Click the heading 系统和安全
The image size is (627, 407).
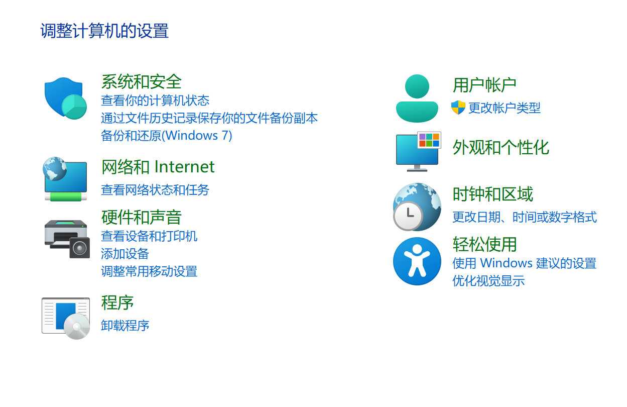(x=141, y=81)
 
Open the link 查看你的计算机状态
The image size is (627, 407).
(x=155, y=100)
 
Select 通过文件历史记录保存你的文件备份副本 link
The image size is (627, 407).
(x=209, y=118)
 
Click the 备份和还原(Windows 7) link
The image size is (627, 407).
(x=166, y=135)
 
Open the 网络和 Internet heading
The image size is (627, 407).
(x=158, y=167)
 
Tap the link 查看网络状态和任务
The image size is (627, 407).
(x=155, y=190)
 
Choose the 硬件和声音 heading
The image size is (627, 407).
(x=141, y=217)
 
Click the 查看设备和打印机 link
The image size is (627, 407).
(x=149, y=236)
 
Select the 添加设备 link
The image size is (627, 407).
(x=125, y=254)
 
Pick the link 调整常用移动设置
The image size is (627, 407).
(x=149, y=271)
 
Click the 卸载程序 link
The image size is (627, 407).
(x=125, y=326)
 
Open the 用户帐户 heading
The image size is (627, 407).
(x=484, y=85)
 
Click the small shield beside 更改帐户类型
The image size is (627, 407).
(x=458, y=108)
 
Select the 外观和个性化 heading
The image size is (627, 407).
(x=500, y=147)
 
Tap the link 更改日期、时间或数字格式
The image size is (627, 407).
(x=524, y=217)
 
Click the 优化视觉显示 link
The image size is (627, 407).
(x=488, y=281)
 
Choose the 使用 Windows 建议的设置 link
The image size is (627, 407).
(x=524, y=263)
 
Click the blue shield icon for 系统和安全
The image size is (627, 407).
(x=64, y=97)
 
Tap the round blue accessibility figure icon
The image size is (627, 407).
(x=417, y=261)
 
